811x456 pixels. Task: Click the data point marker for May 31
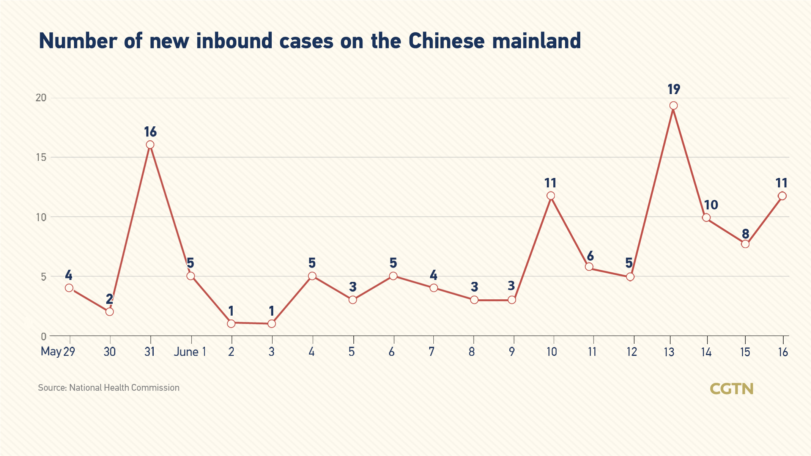tap(150, 145)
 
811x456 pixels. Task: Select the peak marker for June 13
tap(673, 105)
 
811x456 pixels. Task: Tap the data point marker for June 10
tap(551, 196)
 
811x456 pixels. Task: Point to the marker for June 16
tap(782, 196)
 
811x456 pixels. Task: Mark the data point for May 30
tap(109, 311)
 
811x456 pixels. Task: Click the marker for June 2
tap(231, 324)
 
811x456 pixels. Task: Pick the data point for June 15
tap(745, 244)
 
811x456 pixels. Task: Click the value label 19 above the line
tap(674, 90)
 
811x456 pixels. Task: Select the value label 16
tap(150, 132)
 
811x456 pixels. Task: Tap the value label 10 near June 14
tap(711, 205)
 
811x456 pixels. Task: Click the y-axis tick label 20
tap(41, 98)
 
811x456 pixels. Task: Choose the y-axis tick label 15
tap(41, 157)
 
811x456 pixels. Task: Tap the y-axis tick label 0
tap(43, 336)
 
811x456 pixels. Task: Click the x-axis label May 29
tap(58, 352)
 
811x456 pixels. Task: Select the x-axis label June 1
tap(190, 352)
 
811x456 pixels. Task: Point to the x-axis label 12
tap(631, 352)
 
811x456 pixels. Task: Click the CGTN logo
tap(731, 389)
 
